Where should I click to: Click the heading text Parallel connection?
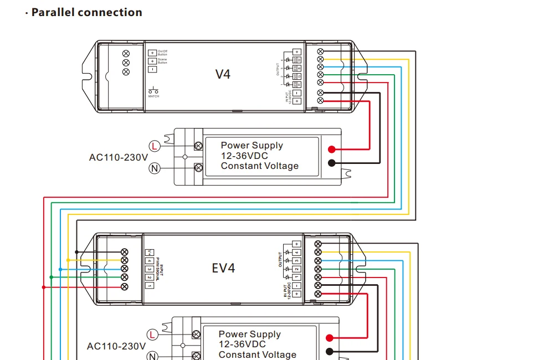(86, 12)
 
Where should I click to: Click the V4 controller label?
(223, 74)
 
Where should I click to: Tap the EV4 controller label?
(223, 268)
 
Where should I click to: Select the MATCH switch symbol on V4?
(153, 90)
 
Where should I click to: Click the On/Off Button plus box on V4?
(152, 53)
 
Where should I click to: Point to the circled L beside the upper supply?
(155, 146)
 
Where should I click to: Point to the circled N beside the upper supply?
(155, 167)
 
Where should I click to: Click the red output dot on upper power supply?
(331, 149)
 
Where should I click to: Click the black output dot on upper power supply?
(331, 163)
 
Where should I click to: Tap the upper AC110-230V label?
(119, 157)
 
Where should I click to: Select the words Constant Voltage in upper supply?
(259, 166)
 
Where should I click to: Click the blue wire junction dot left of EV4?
(60, 269)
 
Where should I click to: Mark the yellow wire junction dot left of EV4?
(68, 260)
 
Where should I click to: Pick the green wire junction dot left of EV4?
(51, 277)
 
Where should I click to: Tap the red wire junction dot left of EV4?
(43, 287)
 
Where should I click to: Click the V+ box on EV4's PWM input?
(149, 252)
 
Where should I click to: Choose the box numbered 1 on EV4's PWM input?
(149, 285)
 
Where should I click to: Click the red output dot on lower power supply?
(330, 338)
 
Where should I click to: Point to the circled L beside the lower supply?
(152, 335)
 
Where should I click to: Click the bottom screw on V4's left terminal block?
(126, 71)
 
